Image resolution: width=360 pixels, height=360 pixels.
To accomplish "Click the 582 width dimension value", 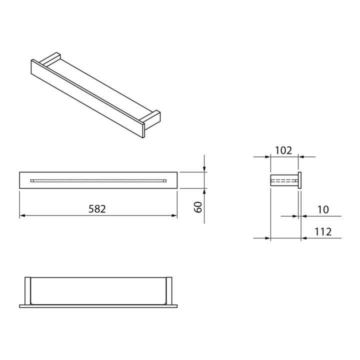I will click(x=97, y=209).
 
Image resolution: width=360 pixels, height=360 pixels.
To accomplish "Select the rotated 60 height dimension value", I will click(x=198, y=207).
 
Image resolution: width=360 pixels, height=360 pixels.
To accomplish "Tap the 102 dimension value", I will click(x=283, y=150).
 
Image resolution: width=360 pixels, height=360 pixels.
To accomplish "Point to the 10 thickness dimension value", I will click(x=323, y=209).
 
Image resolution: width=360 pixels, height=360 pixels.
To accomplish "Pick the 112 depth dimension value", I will click(x=323, y=231).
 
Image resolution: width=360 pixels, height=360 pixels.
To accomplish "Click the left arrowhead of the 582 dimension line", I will click(x=22, y=215).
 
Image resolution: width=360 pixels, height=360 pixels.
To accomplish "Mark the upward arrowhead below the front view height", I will click(x=204, y=191).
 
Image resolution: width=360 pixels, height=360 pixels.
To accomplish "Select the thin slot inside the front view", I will click(x=98, y=180).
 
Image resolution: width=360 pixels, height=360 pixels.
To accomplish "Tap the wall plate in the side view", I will click(x=300, y=180).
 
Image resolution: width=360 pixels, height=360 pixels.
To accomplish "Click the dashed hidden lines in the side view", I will click(x=284, y=180).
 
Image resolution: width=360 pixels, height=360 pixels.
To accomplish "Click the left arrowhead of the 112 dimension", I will click(x=267, y=238).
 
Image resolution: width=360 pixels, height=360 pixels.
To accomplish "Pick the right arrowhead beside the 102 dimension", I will click(x=302, y=156).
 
